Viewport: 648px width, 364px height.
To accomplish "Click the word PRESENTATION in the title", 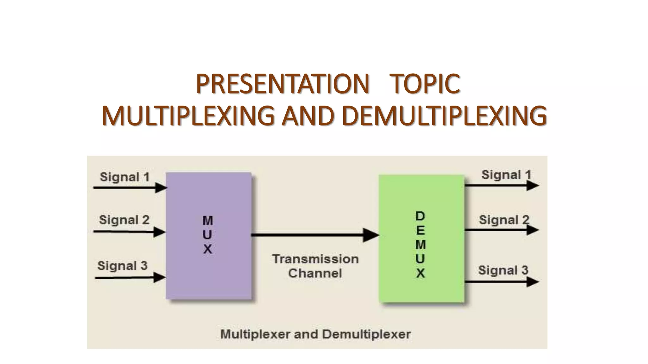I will coord(282,84).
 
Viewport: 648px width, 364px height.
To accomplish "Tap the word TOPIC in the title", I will coord(425,84).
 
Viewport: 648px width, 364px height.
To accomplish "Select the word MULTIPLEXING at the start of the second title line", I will coord(188,116).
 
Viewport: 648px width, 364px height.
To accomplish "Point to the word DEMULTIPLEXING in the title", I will coord(444,116).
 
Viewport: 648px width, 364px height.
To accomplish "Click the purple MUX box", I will coord(209,235).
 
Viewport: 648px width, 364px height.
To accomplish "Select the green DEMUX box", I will coord(421,239).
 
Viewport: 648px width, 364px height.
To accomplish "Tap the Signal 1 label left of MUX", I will coord(125,177).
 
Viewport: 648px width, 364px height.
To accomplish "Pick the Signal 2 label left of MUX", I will coord(124,220).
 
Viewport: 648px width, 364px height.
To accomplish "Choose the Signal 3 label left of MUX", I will coord(122,266).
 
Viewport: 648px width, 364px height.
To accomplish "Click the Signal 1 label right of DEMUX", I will coord(506,175).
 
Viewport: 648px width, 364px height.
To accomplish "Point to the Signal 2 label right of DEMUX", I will coord(504,220).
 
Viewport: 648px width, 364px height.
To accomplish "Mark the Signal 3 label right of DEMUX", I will coord(503,270).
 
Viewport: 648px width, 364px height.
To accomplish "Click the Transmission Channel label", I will coord(315,266).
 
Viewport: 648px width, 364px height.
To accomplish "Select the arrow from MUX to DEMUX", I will coord(315,235).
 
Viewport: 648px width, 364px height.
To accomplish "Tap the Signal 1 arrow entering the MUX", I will coord(130,188).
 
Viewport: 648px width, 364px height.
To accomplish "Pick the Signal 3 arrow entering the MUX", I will coord(130,278).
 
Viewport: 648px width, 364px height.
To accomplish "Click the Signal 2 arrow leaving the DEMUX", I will coord(501,230).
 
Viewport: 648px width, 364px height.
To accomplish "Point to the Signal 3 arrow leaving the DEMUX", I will coord(501,281).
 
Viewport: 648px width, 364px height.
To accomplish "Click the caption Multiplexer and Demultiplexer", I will coord(315,334).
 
